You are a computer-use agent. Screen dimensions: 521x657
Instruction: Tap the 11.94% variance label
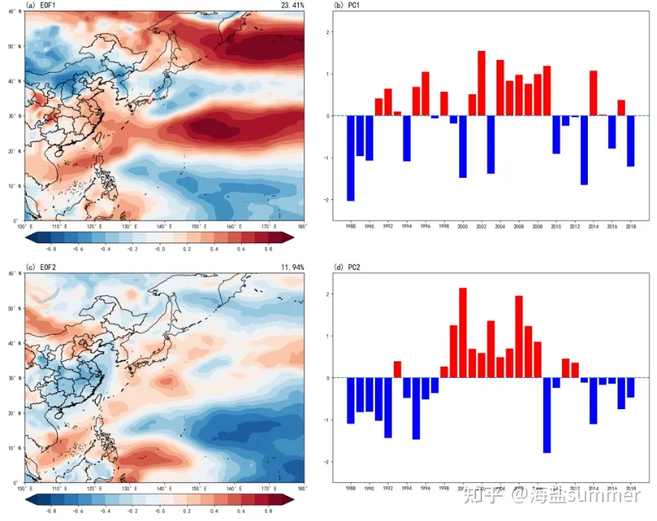click(292, 267)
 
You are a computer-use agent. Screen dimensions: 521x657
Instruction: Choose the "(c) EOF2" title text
click(40, 267)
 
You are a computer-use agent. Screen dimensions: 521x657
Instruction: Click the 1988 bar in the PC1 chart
click(351, 158)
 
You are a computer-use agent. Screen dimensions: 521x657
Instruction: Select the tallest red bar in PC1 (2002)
click(482, 84)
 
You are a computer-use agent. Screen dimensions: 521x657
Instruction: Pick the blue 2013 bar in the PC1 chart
click(585, 150)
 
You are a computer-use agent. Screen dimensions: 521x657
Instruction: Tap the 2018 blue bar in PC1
click(630, 141)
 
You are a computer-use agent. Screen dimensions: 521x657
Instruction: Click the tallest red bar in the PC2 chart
click(463, 332)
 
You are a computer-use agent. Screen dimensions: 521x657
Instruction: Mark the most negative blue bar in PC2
click(547, 415)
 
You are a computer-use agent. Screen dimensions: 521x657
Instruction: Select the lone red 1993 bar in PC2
click(397, 370)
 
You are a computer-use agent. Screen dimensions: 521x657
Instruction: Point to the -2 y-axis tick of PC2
click(328, 462)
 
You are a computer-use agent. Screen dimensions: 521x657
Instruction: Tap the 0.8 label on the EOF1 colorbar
click(268, 249)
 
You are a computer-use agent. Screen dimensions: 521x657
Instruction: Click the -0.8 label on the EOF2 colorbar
click(51, 511)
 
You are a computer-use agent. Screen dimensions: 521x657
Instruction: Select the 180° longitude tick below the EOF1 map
click(302, 226)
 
